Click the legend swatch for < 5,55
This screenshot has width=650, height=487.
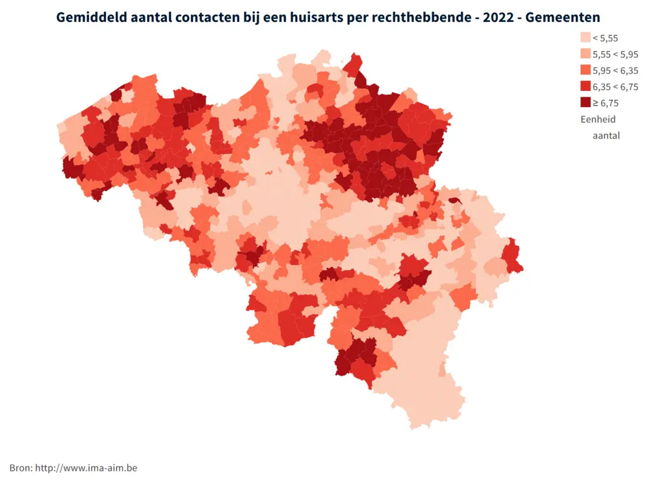pyautogui.click(x=586, y=38)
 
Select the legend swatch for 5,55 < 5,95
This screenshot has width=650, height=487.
pyautogui.click(x=586, y=55)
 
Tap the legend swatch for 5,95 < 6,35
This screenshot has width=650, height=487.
pyautogui.click(x=586, y=70)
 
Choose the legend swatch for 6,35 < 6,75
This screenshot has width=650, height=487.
pyautogui.click(x=586, y=86)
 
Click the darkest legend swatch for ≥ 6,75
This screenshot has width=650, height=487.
pyautogui.click(x=586, y=103)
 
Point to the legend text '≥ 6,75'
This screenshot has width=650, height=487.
pyautogui.click(x=606, y=103)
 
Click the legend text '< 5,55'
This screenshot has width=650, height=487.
pyautogui.click(x=606, y=38)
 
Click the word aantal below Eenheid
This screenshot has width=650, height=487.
pyautogui.click(x=606, y=136)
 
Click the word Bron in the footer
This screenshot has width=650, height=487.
pyautogui.click(x=20, y=468)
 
